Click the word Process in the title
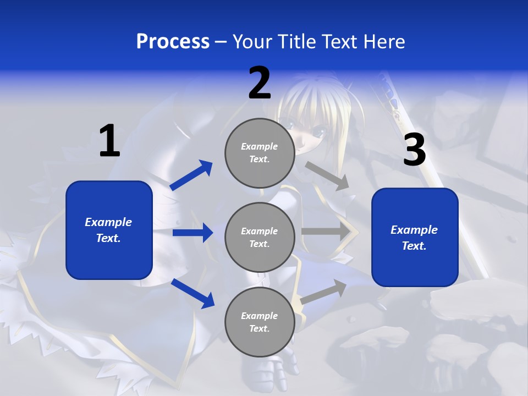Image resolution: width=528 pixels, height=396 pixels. pos(173,42)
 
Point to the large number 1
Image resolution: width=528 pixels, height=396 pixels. pos(109,141)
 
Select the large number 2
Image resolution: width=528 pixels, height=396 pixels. pos(260,83)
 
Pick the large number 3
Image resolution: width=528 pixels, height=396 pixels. pos(415,150)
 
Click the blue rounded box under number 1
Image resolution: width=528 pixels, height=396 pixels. pos(109,230)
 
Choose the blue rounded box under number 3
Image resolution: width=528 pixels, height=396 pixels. pos(415,238)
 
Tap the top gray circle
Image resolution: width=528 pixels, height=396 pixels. pos(260,153)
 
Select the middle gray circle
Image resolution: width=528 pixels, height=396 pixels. pos(260,238)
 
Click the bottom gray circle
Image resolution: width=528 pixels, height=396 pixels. pos(260,322)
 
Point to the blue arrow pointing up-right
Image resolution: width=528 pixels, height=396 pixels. pos(191,175)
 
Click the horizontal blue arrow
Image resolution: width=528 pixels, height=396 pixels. pos(193,233)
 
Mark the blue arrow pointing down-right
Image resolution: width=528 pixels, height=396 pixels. pos(193,293)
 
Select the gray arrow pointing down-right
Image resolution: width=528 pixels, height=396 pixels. pos(327,176)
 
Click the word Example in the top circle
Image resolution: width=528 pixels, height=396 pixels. pos(260,147)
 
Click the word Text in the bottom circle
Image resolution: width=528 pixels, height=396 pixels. pos(258,329)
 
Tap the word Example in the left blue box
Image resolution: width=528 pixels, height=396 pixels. pos(108,222)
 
